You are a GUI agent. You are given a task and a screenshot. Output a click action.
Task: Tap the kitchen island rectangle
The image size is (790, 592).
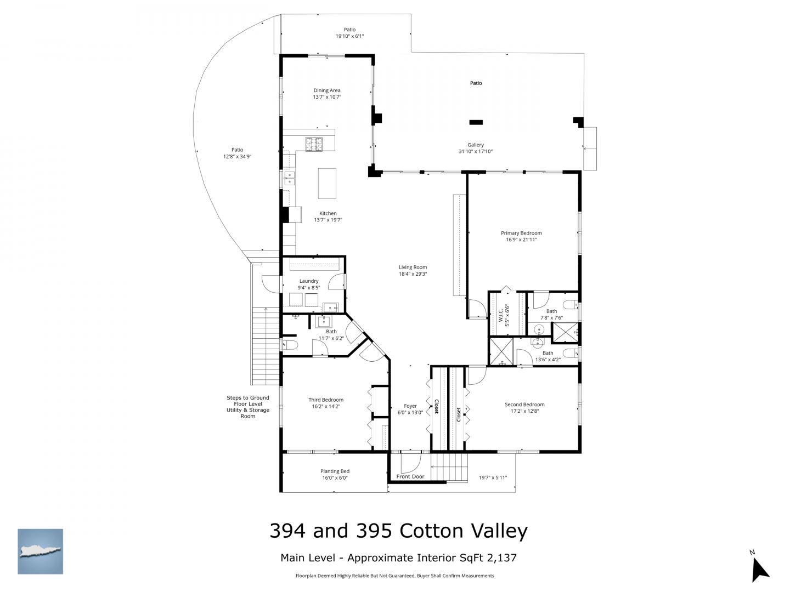click(x=327, y=183)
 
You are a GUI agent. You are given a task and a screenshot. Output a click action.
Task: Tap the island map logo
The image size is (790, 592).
click(x=40, y=551)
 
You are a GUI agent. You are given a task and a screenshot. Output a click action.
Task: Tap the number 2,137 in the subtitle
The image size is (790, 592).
click(x=501, y=557)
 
